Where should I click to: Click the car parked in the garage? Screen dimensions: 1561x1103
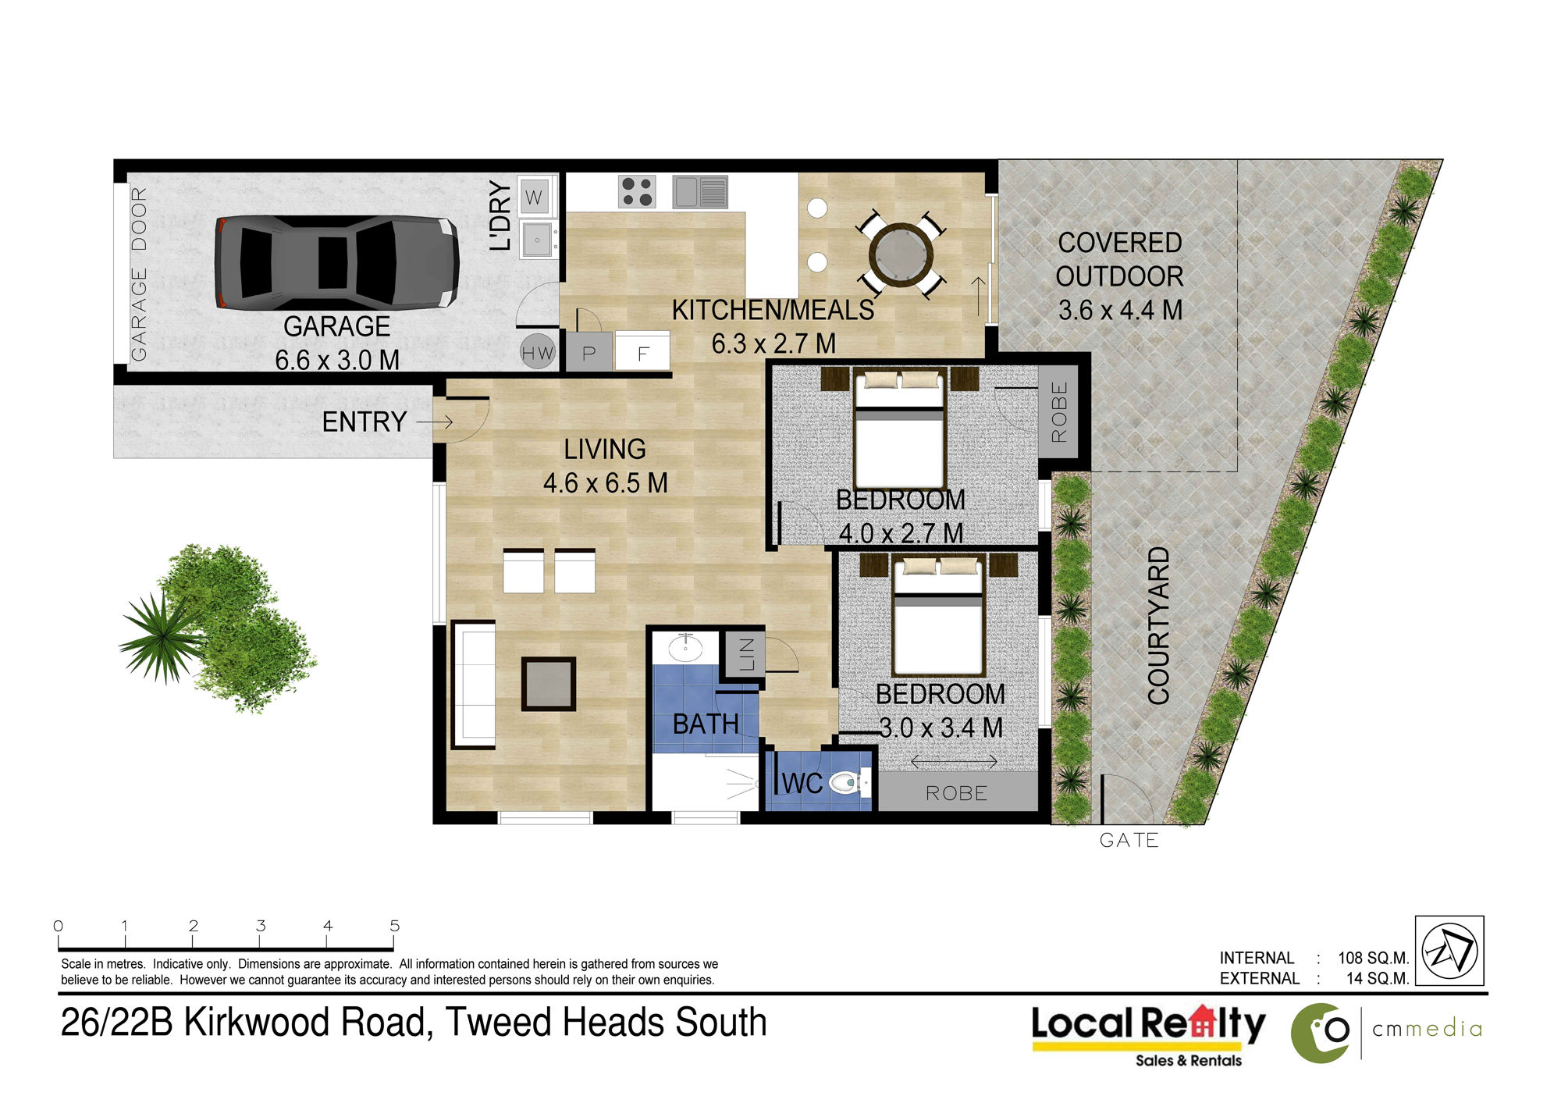[336, 262]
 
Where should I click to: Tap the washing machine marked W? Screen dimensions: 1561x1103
[534, 197]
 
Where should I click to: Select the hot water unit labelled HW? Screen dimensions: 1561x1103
[538, 353]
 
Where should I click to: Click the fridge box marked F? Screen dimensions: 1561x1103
[642, 353]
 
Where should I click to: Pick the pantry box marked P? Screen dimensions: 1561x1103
[588, 352]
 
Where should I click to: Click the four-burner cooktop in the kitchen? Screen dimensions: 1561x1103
[637, 191]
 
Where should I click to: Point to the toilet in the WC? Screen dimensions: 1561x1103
[848, 781]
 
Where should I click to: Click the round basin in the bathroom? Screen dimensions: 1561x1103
[685, 648]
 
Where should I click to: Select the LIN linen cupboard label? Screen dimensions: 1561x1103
[747, 654]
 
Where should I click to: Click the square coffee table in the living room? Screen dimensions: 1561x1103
[549, 684]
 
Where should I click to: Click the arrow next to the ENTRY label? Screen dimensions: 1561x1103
[435, 422]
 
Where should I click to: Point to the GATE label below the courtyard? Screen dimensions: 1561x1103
[1129, 840]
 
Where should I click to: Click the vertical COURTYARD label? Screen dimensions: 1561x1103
[1158, 625]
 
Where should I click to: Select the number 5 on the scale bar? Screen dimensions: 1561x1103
[395, 926]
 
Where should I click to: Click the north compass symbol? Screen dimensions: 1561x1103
[1449, 951]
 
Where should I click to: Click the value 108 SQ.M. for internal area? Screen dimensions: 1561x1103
[1373, 958]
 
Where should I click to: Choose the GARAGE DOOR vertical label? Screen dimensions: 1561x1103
[139, 274]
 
